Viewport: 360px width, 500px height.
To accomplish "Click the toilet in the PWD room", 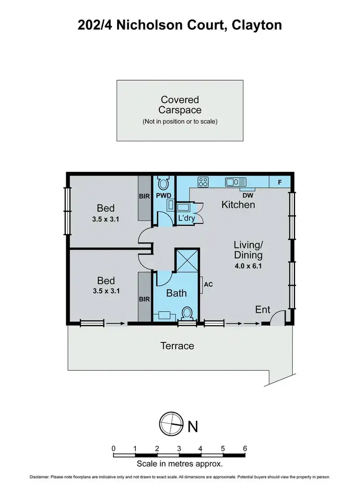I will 163,183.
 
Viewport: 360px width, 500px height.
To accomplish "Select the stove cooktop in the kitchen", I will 203,182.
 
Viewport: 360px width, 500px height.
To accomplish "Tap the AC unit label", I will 208,284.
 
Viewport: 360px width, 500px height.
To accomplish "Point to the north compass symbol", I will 171,423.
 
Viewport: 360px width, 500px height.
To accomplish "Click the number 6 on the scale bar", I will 245,449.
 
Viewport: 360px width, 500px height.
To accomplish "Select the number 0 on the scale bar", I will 114,449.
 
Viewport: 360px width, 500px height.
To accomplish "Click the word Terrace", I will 178,345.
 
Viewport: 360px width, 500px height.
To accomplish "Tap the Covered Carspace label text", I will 180,105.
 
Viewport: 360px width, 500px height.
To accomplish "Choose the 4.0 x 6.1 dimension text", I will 248,265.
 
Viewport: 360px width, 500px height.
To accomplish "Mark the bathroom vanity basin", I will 165,316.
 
